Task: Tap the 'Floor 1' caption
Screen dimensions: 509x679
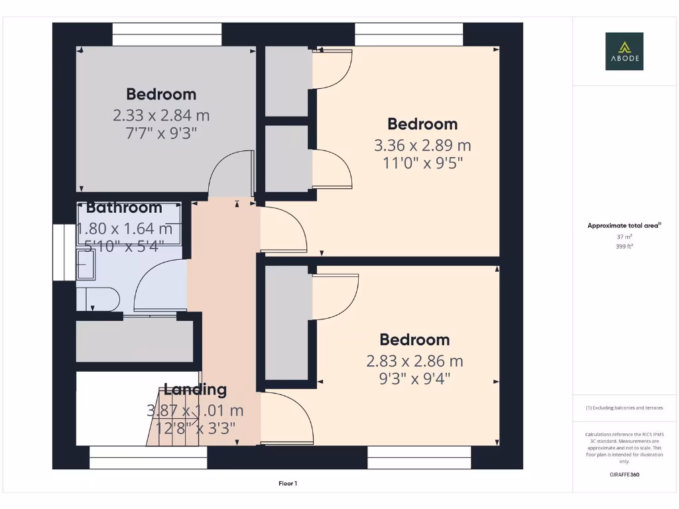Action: pos(287,484)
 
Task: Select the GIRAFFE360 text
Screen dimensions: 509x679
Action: pos(624,475)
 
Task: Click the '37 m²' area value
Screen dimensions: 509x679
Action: pos(624,237)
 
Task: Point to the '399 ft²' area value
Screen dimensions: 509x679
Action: pos(624,246)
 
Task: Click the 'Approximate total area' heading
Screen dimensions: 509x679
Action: pos(624,226)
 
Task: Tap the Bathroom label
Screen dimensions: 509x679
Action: pos(124,207)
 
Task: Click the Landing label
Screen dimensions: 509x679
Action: pos(195,390)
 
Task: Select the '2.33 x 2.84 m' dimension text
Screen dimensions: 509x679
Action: pos(161,115)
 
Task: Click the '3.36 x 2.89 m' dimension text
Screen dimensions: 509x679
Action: pos(422,145)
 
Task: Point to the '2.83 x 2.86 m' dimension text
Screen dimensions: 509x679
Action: pos(414,361)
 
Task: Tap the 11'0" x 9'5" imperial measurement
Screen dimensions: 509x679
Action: pos(422,162)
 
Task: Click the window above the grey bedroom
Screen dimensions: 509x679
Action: pos(166,34)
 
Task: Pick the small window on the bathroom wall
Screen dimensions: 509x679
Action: pos(64,253)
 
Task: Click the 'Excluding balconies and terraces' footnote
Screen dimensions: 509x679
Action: pos(624,408)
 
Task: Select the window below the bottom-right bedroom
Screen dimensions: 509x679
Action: pos(419,457)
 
